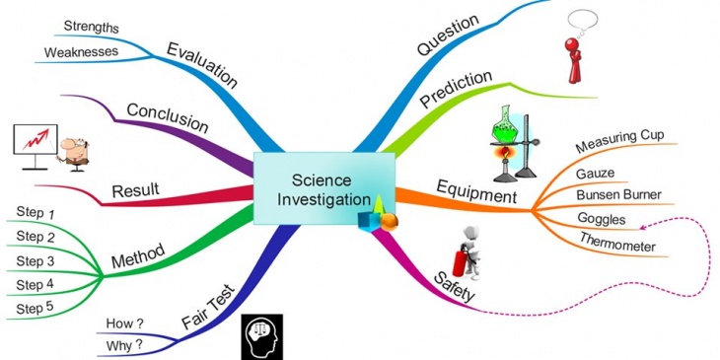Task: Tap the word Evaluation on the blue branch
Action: tap(202, 64)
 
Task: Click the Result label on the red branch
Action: tap(136, 188)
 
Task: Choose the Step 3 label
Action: tap(35, 260)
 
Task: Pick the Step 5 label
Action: tap(35, 309)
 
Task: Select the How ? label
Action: tap(123, 323)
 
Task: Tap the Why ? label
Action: tap(123, 346)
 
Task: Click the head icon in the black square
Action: tap(262, 336)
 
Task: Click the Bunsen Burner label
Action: tap(618, 194)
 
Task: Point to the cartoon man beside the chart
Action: tap(71, 154)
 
